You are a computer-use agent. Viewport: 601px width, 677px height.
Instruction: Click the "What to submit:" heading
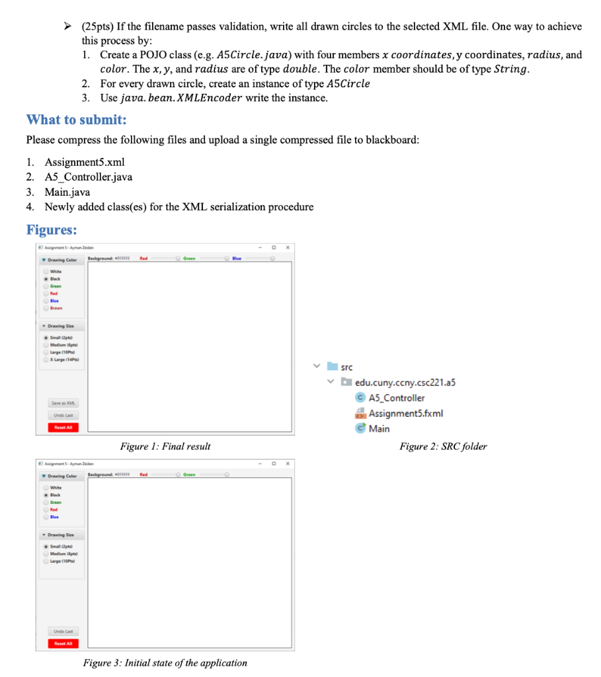click(76, 120)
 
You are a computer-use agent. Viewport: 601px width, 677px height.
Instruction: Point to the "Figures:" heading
click(51, 229)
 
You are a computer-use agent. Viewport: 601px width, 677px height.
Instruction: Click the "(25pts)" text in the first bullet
click(98, 26)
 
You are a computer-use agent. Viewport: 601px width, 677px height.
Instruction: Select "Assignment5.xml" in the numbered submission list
click(85, 162)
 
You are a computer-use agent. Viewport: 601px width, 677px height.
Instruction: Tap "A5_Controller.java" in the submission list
click(88, 177)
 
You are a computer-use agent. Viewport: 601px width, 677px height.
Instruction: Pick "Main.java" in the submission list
click(68, 192)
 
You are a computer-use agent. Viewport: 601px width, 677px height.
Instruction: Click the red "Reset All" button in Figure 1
click(63, 427)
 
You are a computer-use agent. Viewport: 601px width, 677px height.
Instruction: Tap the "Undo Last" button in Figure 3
click(63, 631)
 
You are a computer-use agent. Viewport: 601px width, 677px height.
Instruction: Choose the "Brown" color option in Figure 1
click(56, 308)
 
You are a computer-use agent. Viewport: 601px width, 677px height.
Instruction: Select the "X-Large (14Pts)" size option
click(64, 359)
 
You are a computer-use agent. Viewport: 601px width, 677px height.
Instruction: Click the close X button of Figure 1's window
click(288, 247)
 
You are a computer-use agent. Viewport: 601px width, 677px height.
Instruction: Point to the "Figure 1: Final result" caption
click(165, 447)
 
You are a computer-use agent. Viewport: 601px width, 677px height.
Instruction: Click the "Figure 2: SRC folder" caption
click(443, 447)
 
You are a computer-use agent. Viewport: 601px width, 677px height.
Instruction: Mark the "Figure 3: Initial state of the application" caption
click(165, 662)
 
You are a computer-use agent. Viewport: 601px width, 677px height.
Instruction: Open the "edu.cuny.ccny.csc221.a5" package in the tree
click(405, 382)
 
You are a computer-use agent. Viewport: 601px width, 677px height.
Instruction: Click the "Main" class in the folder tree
click(379, 428)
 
